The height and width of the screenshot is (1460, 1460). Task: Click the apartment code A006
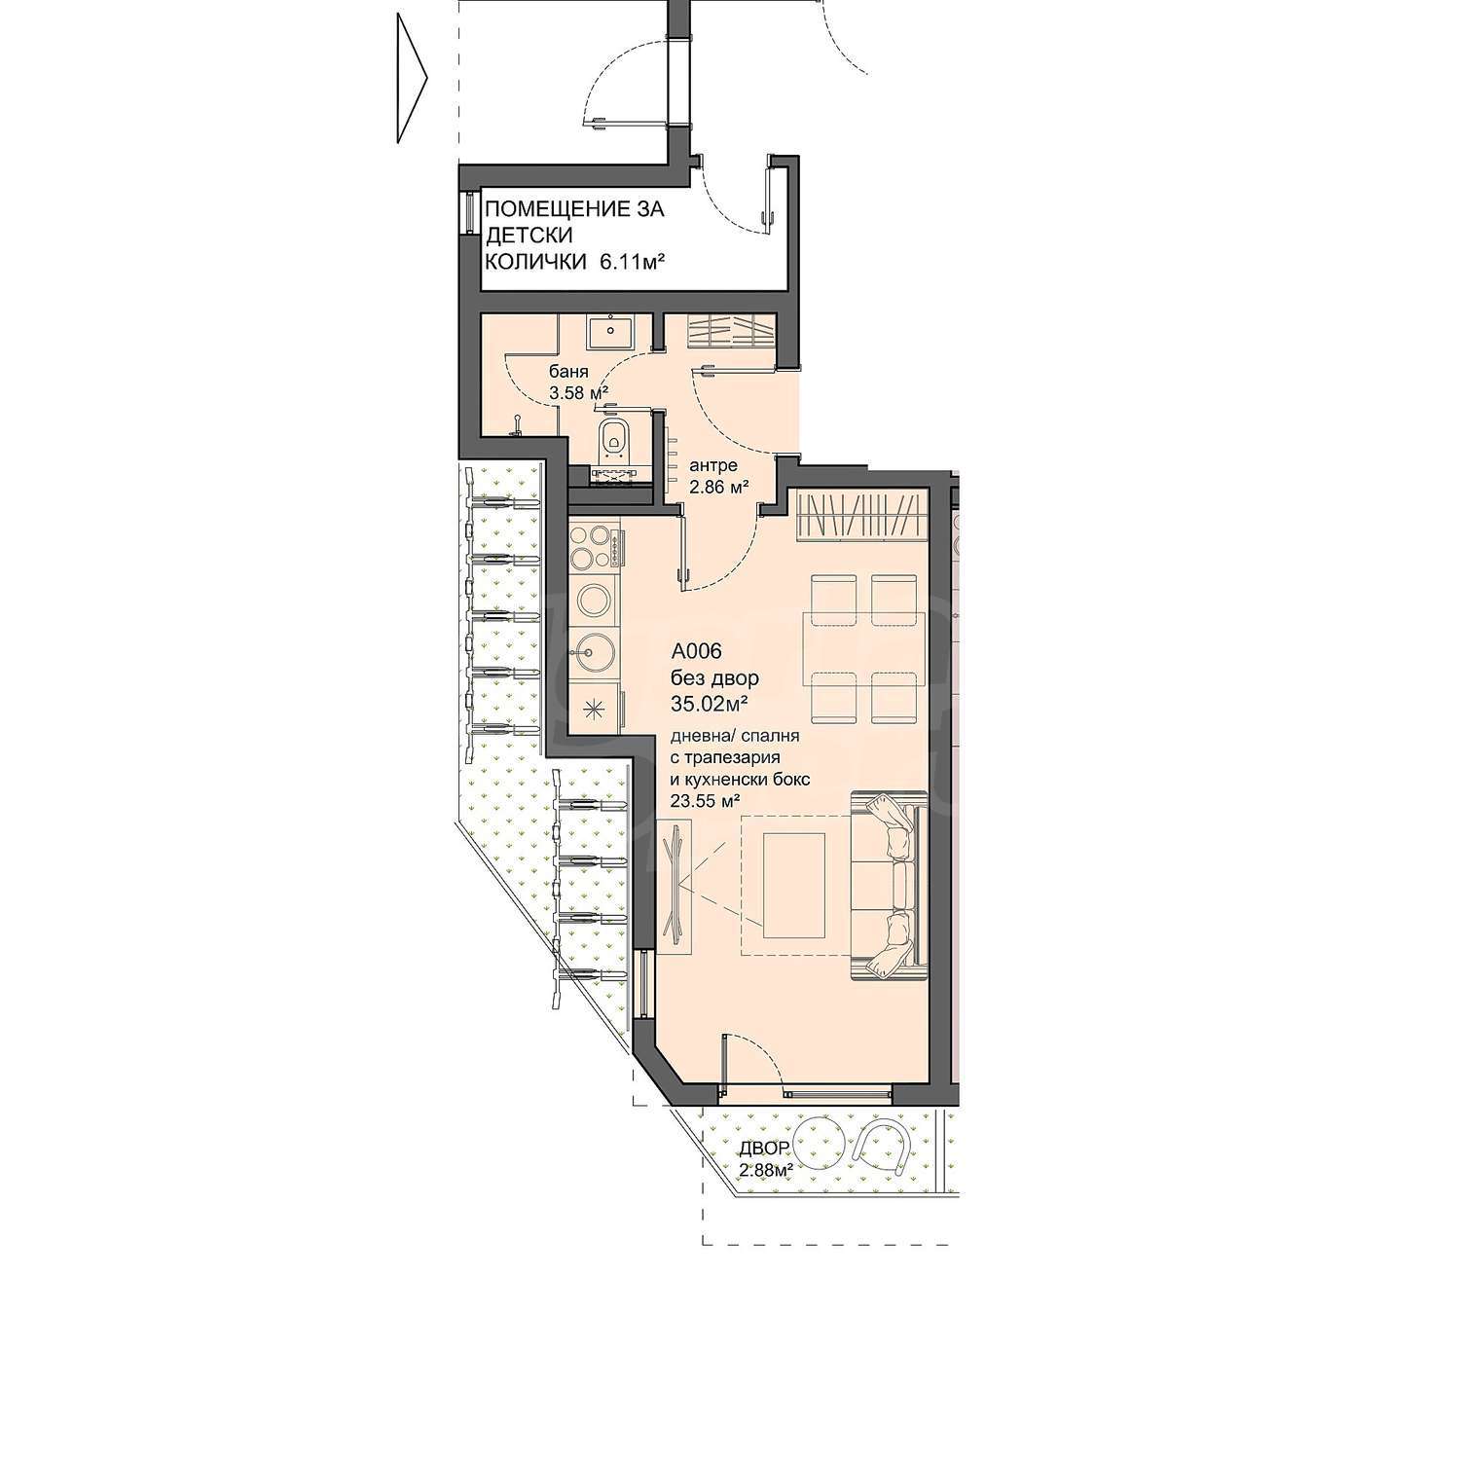(x=696, y=651)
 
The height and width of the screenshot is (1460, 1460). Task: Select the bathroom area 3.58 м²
(x=579, y=393)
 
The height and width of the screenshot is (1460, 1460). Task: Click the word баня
(x=568, y=372)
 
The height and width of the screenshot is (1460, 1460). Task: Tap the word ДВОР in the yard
(x=760, y=1147)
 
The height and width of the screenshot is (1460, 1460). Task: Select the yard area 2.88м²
(x=764, y=1169)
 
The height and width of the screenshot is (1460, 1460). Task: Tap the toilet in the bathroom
(x=613, y=439)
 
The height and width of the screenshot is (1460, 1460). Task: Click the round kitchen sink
(x=593, y=649)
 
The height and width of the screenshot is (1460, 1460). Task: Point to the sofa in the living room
(x=885, y=885)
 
